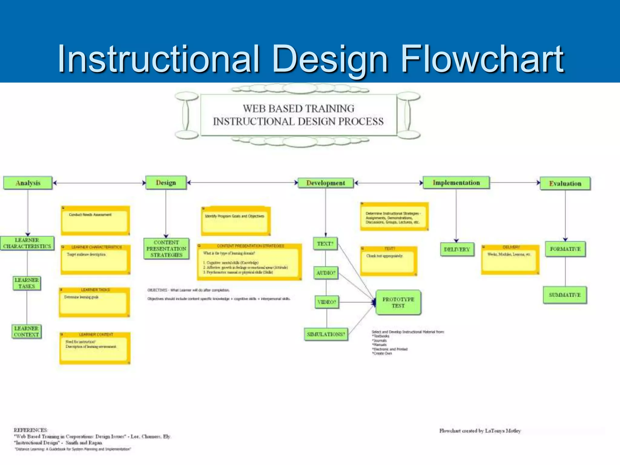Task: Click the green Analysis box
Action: pyautogui.click(x=28, y=183)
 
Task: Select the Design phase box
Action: pyautogui.click(x=166, y=183)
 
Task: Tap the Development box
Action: pyautogui.click(x=326, y=183)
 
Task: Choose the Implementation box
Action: pyautogui.click(x=456, y=183)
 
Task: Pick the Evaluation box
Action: pyautogui.click(x=565, y=183)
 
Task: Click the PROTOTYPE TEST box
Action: pyautogui.click(x=398, y=302)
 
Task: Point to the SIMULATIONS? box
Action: pyautogui.click(x=326, y=334)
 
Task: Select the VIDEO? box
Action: pyautogui.click(x=327, y=302)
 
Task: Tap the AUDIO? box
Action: pyautogui.click(x=326, y=273)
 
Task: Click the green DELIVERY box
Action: pyautogui.click(x=457, y=249)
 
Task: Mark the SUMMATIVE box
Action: pyautogui.click(x=565, y=295)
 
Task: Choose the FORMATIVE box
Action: pyautogui.click(x=565, y=249)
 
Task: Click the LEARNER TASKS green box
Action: pyautogui.click(x=27, y=283)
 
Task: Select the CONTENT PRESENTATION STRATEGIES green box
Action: pyautogui.click(x=167, y=249)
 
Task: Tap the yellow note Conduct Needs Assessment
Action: pyautogui.click(x=95, y=220)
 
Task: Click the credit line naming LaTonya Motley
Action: pyautogui.click(x=480, y=430)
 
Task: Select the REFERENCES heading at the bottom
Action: pyautogui.click(x=31, y=430)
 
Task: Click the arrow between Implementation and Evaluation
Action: pyautogui.click(x=515, y=183)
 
